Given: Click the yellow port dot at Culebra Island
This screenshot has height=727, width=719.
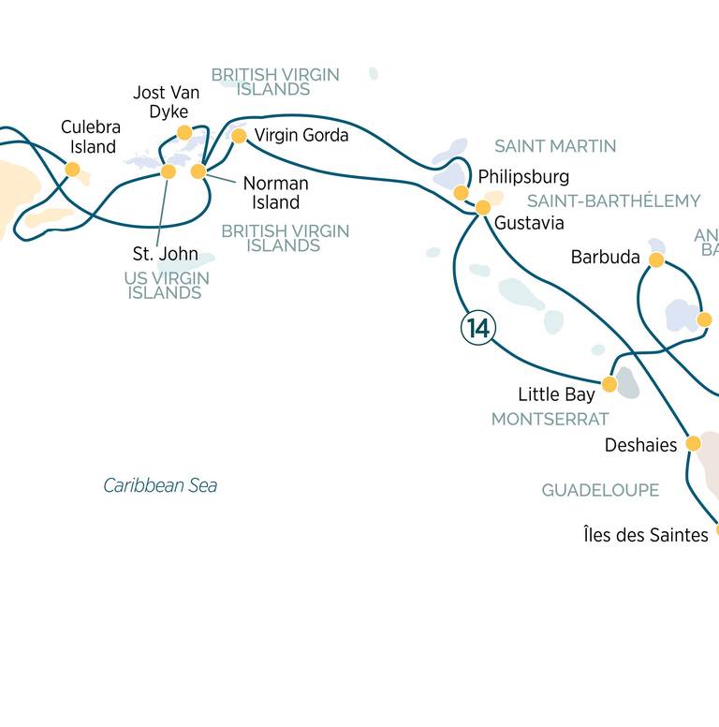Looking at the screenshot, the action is pos(72,170).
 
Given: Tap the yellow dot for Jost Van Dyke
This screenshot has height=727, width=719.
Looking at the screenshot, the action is pos(184,133).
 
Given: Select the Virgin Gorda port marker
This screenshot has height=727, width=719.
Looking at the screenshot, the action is pos(239,136).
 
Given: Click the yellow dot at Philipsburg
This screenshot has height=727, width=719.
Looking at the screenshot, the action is pos(461,192).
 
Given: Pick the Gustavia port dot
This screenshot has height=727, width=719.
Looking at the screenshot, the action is pos(483,207).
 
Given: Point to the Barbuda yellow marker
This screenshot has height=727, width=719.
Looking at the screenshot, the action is pos(656,260).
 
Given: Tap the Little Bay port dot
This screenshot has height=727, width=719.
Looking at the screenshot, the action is pos(609,384).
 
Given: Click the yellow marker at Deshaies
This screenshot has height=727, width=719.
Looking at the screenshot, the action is pos(693,444).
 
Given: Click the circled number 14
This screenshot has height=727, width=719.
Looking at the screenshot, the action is pos(478,328).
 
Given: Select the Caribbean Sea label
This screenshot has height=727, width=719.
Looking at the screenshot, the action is pos(160,485).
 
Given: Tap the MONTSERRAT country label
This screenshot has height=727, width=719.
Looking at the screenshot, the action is pos(550,419).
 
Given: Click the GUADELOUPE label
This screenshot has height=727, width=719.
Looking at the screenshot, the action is pos(600,490).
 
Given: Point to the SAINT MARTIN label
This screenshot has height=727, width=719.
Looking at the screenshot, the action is pos(555,146).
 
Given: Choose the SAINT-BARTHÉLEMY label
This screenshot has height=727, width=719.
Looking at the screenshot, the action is pos(614,200).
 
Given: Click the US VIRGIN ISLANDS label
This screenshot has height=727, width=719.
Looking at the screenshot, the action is pos(167,285).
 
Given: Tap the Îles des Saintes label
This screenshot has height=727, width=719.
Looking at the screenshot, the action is pos(646,535).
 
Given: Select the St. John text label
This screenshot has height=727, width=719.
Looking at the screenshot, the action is pos(166,254).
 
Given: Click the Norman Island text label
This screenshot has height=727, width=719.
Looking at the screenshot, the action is pos(275,193).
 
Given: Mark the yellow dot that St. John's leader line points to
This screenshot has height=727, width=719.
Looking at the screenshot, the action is pos(169,171).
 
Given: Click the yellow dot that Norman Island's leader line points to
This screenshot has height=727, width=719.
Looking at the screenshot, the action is pos(198,171).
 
